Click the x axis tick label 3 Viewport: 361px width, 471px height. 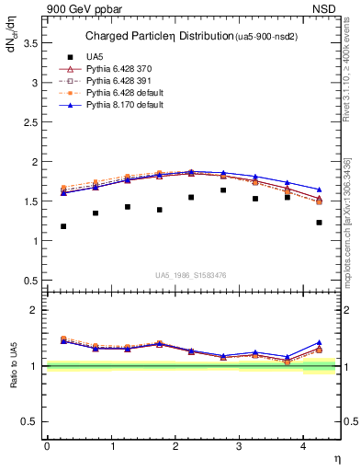[239, 445]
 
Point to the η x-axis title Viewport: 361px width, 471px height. [336, 457]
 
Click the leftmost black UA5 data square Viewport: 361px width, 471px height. [62, 226]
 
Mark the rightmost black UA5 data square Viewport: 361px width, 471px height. [319, 223]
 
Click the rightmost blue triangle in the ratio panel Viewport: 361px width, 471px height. [319, 342]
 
